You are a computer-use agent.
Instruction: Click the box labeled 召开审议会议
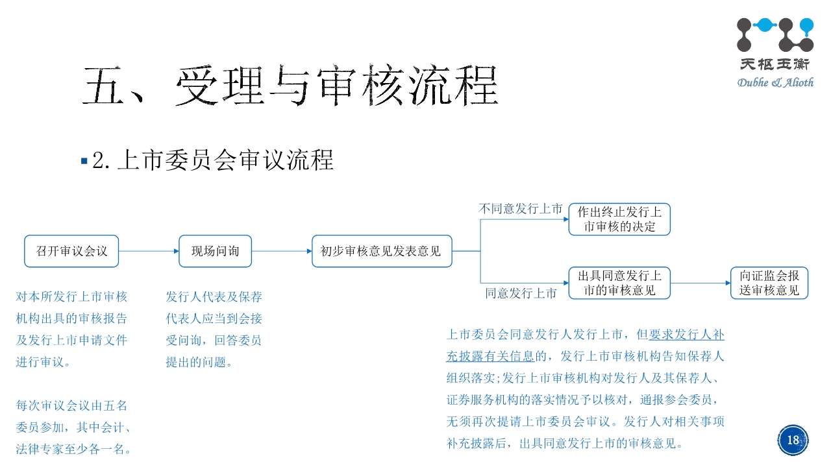[x=71, y=251]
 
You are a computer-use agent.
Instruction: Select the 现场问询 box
[x=215, y=251]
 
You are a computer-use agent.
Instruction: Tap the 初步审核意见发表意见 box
[x=382, y=251]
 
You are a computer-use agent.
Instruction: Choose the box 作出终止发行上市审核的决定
[x=619, y=219]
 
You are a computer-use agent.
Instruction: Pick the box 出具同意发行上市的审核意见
[x=619, y=283]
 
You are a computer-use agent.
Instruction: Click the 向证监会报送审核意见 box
[x=769, y=283]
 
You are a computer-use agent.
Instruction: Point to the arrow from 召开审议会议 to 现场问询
[x=149, y=251]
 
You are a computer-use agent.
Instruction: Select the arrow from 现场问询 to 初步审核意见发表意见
[x=281, y=251]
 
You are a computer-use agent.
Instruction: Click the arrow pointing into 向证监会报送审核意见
[x=701, y=283]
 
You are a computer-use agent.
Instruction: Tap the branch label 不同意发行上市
[x=521, y=209]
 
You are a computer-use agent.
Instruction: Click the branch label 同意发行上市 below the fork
[x=521, y=293]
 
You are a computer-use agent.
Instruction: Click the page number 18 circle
[x=793, y=440]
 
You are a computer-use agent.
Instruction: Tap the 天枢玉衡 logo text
[x=776, y=65]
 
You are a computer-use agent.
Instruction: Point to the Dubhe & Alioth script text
[x=775, y=82]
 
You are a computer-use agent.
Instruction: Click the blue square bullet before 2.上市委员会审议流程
[x=84, y=160]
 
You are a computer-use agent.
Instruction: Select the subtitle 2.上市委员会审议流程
[x=213, y=160]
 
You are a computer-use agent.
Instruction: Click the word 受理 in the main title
[x=217, y=86]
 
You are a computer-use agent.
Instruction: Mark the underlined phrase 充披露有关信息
[x=490, y=356]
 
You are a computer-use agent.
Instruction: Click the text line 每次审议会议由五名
[x=71, y=406]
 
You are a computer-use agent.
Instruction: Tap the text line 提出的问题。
[x=199, y=363]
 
